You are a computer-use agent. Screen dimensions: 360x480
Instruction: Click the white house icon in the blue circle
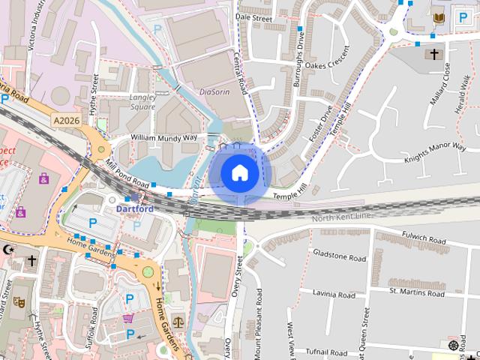pyautogui.click(x=239, y=172)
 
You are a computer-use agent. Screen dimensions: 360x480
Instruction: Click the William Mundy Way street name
pyautogui.click(x=163, y=139)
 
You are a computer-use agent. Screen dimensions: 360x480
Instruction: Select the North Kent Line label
pyautogui.click(x=342, y=218)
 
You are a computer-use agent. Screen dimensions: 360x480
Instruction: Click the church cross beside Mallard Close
pyautogui.click(x=433, y=54)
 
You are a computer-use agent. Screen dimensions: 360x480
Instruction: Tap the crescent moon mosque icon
pyautogui.click(x=9, y=249)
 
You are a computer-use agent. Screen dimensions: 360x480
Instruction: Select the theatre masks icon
pyautogui.click(x=19, y=302)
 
